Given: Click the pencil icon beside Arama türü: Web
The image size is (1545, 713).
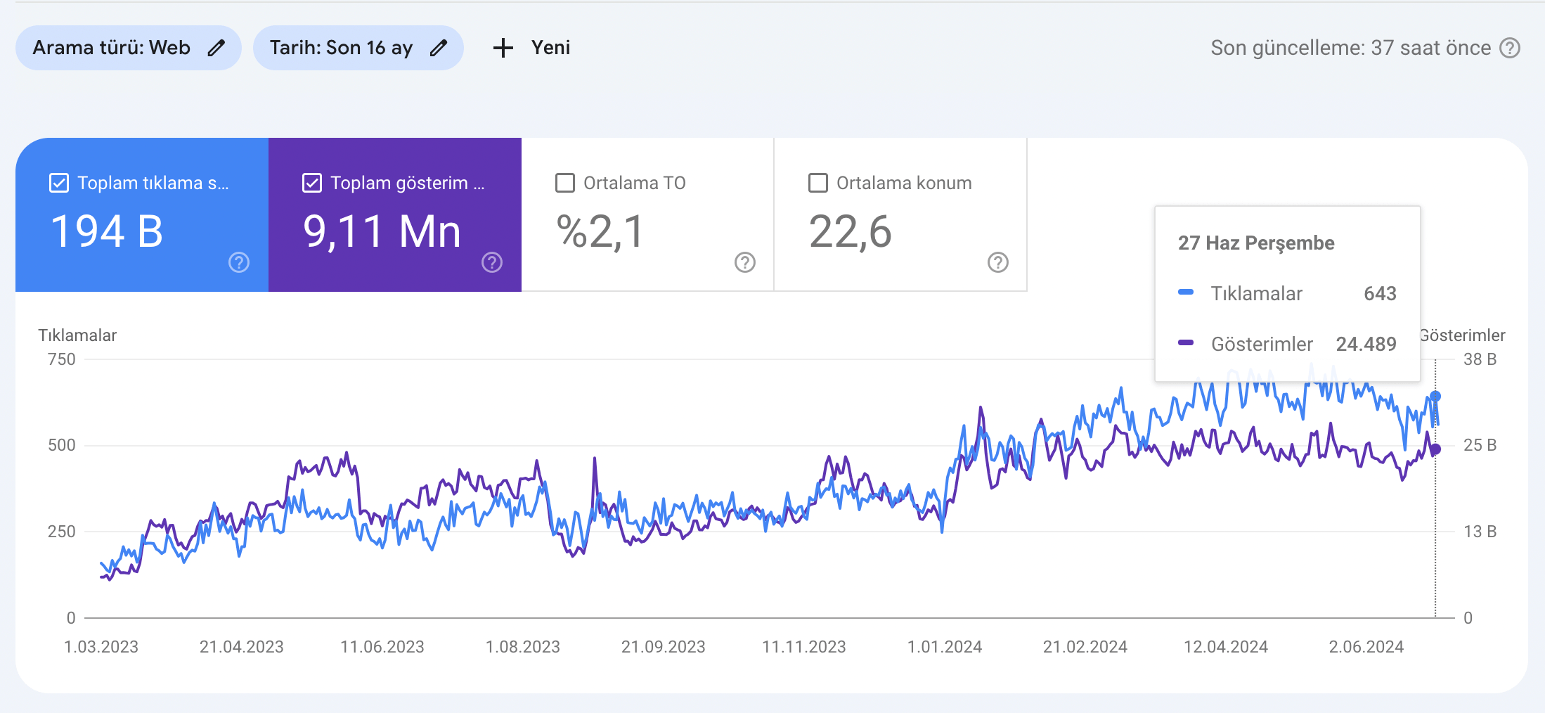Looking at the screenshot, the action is point(216,48).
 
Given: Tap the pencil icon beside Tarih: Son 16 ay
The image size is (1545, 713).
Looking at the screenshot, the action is point(439,48).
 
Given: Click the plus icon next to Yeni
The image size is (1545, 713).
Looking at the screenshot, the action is point(503,48).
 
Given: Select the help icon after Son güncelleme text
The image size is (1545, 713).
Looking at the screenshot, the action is point(1510,48).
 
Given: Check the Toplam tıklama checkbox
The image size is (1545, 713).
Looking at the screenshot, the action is point(59,183).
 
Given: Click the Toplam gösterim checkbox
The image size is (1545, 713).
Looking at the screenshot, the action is point(312,183).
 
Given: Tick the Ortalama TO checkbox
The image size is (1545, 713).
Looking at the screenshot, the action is point(565,183).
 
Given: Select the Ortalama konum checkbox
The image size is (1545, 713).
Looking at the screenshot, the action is point(818,183).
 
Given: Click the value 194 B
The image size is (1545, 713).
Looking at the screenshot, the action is point(107,231).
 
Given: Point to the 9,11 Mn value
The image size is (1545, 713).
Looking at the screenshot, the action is point(382,232).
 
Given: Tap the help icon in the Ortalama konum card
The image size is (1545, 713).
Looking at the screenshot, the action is point(998,262).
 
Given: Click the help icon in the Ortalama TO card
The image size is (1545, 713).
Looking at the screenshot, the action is point(745,262).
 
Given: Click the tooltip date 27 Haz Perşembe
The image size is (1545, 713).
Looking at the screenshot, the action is point(1256,243).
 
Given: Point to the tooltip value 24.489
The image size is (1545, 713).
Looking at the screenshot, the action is point(1366,344).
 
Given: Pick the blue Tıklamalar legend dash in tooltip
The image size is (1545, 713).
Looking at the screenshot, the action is point(1186,293).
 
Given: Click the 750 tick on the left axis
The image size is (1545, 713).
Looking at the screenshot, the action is point(62,359).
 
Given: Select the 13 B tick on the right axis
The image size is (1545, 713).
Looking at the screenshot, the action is point(1480,532).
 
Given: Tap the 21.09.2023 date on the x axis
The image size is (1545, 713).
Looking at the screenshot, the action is point(663,647).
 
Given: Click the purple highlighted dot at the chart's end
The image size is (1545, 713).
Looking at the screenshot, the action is point(1435,449).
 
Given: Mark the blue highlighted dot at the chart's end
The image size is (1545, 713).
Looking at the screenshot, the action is point(1435,397).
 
